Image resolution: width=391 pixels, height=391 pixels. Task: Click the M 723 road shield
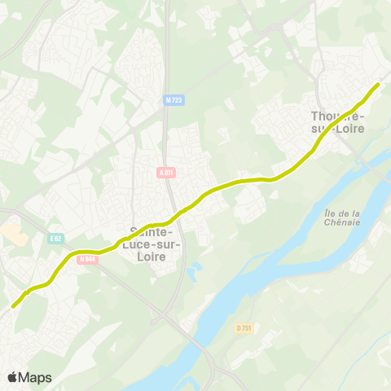[173, 100]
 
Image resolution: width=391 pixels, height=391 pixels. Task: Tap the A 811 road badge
[166, 172]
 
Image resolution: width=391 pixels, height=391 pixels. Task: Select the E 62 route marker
[55, 239]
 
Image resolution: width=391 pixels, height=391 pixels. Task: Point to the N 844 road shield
[88, 260]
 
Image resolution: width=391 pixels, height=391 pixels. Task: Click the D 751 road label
[244, 327]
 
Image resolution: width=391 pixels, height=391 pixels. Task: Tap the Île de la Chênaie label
[359, 219]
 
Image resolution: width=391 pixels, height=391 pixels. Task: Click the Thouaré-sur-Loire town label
[338, 128]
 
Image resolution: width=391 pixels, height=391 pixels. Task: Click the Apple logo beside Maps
[13, 377]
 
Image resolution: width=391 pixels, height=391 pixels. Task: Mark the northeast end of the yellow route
[378, 85]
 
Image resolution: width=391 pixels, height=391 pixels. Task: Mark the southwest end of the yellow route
[14, 306]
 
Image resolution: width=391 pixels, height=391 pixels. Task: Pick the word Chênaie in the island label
[359, 225]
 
